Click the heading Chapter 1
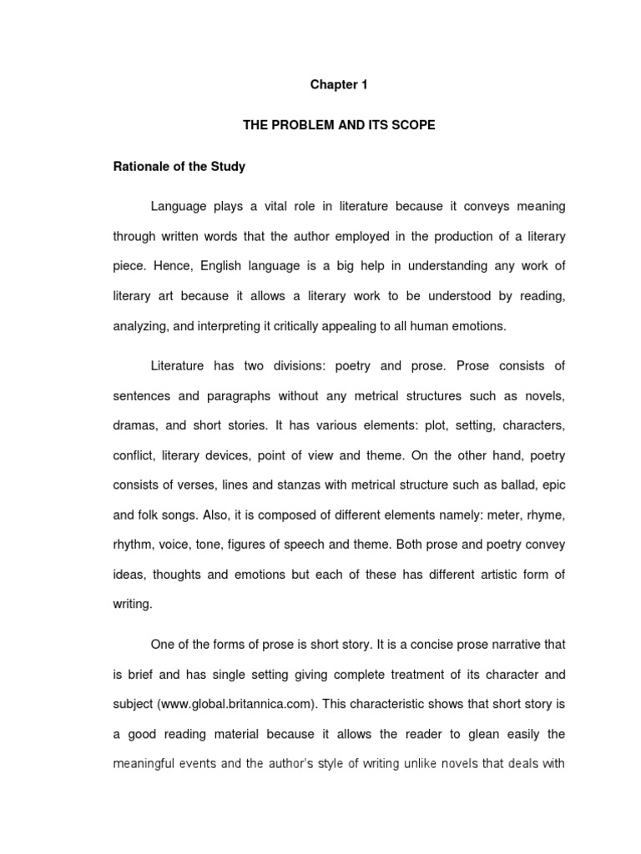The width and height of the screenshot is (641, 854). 339,85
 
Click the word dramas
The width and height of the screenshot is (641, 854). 132,426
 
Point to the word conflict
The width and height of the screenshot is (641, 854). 132,455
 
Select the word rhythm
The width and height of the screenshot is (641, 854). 132,545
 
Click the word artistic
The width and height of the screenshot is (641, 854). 472,574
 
